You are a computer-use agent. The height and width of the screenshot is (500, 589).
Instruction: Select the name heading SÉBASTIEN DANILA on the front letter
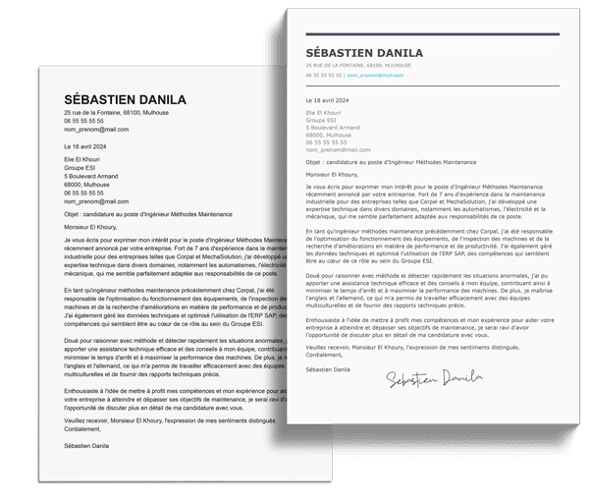[363, 52]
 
